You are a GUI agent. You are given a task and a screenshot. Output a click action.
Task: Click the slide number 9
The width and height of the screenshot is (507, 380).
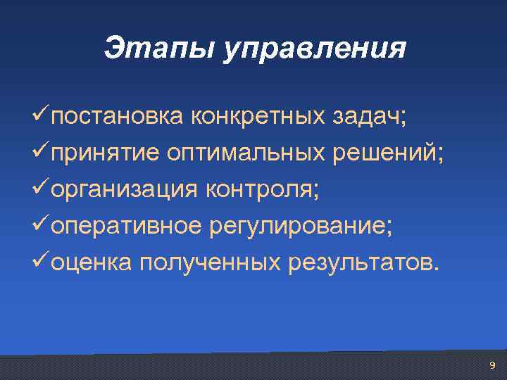pos(492,365)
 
